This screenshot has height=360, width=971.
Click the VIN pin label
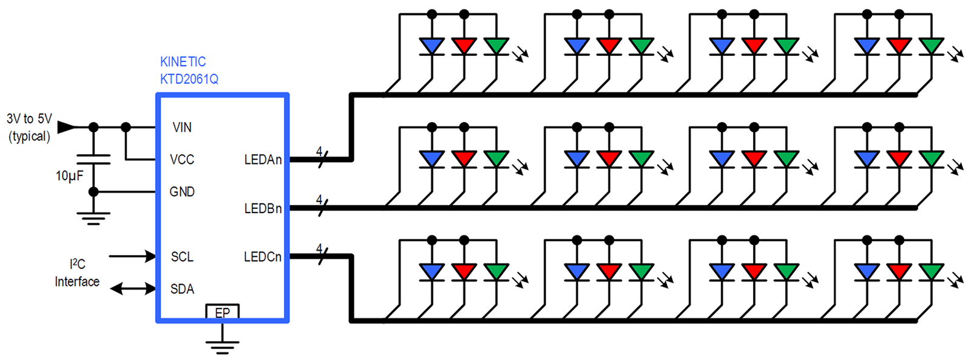182,127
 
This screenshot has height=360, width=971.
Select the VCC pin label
182,160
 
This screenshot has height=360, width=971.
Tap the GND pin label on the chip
182,192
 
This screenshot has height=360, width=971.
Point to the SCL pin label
182,257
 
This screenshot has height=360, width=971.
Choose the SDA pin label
182,289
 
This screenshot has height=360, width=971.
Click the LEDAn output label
263,160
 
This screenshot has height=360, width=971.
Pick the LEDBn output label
263,209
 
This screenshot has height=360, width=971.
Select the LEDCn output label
263,257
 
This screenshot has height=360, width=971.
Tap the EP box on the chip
222,312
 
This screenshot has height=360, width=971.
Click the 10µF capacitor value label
69,176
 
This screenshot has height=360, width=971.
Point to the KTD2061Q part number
189,80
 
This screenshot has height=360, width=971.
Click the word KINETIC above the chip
183,62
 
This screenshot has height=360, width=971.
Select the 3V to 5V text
29,118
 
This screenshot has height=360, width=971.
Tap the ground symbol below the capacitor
93,219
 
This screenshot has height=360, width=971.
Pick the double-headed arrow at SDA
133,288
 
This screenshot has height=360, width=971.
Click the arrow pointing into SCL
132,256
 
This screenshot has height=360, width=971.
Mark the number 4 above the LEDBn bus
319,200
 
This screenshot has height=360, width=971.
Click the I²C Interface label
77,273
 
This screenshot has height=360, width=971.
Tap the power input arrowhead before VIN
66,127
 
